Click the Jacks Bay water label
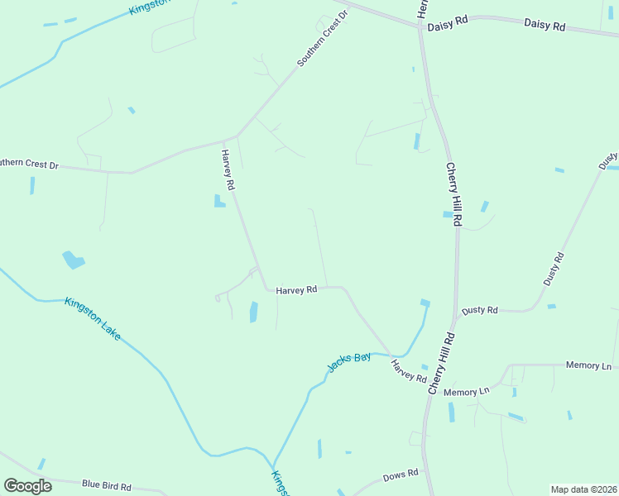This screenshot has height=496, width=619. [x=349, y=362]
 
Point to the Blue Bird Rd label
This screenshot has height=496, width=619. [x=107, y=485]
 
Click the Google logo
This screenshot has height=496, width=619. [x=27, y=485]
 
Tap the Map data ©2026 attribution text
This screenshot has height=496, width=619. [x=583, y=489]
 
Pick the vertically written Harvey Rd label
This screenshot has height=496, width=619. [x=228, y=169]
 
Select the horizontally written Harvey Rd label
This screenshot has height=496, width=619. [x=297, y=290]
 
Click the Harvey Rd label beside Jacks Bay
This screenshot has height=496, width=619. [x=409, y=371]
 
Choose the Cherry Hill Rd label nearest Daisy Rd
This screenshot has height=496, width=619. [x=454, y=195]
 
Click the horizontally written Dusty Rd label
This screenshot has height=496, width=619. [x=480, y=310]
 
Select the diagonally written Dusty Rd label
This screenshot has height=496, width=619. [x=554, y=269]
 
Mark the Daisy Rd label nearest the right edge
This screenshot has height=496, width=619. [x=545, y=26]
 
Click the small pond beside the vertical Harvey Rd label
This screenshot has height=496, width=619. [x=219, y=201]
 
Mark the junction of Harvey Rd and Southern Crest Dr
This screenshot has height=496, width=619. [x=237, y=136]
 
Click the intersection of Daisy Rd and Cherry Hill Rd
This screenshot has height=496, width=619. [x=421, y=26]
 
